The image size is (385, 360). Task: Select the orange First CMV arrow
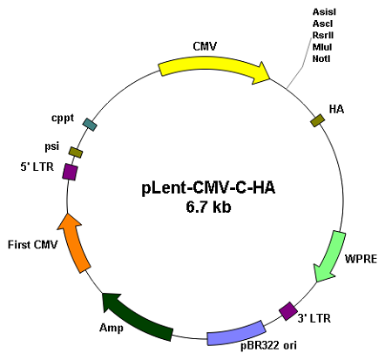click(x=74, y=242)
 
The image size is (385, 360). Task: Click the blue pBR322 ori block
click(x=236, y=333)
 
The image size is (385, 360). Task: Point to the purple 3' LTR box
click(x=288, y=311)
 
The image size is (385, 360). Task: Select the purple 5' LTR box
click(x=70, y=172)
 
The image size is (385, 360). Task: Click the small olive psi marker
click(x=76, y=153)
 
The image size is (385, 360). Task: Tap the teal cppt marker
click(x=90, y=125)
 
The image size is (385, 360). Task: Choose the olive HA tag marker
click(x=317, y=120)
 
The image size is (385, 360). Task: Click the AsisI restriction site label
click(x=324, y=12)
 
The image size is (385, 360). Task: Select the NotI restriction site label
click(x=321, y=58)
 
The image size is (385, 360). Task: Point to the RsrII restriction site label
click(x=323, y=35)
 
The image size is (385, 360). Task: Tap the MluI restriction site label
click(x=322, y=47)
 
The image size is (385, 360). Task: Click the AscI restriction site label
click(x=322, y=24)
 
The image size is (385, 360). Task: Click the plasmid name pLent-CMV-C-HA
click(x=208, y=187)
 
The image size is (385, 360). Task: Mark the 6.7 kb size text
click(x=208, y=207)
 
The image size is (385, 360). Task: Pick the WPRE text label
click(x=361, y=259)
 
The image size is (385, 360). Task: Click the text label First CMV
click(x=32, y=245)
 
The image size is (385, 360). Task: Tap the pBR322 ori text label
click(x=268, y=345)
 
